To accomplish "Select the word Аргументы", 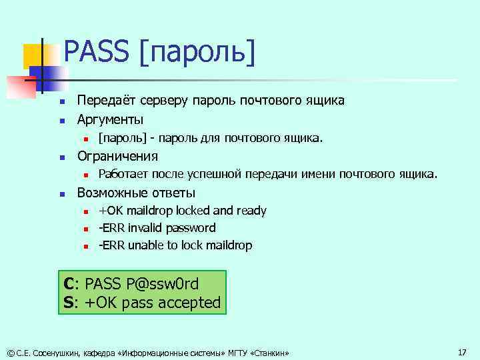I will [110, 119].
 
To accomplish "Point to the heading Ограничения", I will [117, 156].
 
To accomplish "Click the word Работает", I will [123, 175].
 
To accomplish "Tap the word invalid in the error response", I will [146, 228].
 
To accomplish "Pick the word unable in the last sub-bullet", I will [147, 245].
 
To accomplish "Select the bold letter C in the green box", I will [69, 283].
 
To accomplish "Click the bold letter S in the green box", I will [69, 302].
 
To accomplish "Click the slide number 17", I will [462, 351].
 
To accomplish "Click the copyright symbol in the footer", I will [9, 352].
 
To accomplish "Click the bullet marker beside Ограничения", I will [61, 157].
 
